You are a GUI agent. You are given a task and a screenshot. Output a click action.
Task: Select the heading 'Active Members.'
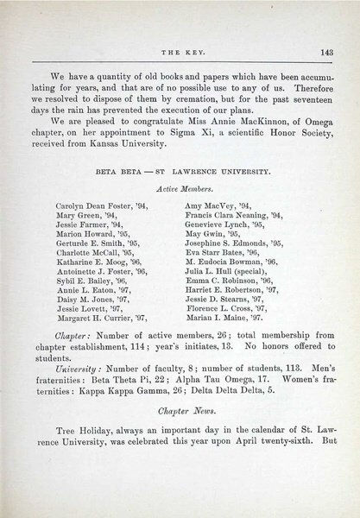tap(179, 187)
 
